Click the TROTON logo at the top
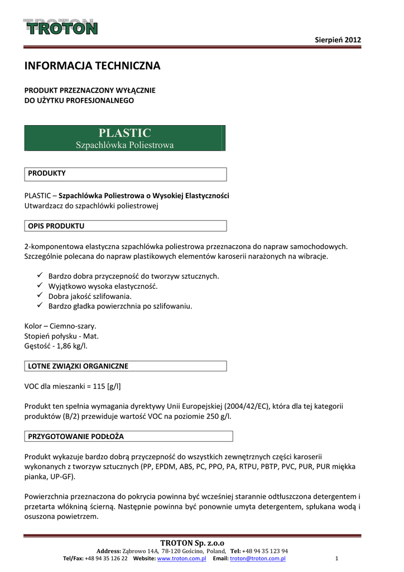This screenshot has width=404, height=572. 60,27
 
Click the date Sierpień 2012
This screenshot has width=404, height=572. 338,40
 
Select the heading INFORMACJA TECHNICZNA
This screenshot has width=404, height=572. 92,66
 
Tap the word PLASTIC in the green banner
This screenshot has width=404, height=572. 124,133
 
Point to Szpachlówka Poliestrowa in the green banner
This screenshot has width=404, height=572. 124,145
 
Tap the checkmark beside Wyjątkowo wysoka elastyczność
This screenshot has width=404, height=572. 40,285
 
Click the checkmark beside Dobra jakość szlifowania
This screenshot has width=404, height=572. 40,295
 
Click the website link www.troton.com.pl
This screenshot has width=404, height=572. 182,559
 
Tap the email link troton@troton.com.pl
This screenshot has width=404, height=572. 258,559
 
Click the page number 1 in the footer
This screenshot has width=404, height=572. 337,559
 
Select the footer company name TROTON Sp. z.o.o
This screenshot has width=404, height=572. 193,543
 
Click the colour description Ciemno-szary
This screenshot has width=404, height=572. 73,326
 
